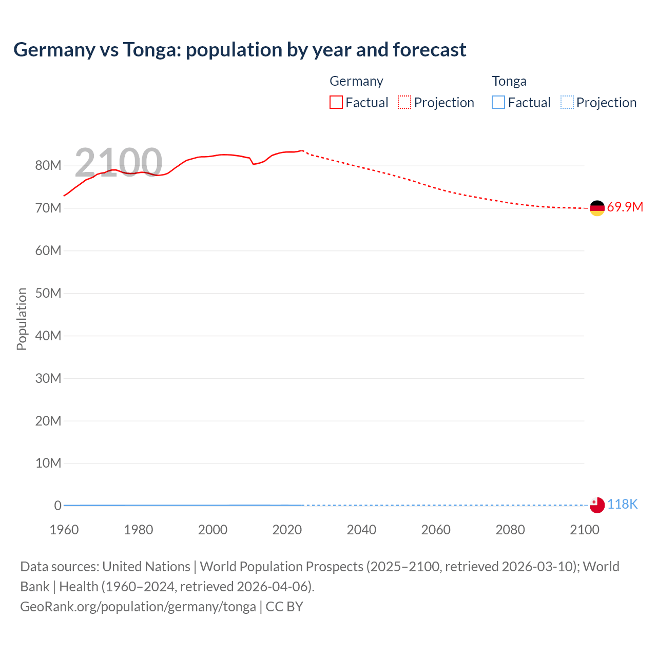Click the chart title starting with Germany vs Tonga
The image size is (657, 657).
click(240, 50)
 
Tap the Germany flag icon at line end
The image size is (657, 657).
click(597, 208)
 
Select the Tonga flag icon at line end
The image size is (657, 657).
click(597, 505)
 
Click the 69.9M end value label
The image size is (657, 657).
click(625, 207)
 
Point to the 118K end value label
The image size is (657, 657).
click(622, 505)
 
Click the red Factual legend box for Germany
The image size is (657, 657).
click(336, 103)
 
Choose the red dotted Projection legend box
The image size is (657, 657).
click(404, 103)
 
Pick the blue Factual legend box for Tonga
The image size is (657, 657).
click(498, 103)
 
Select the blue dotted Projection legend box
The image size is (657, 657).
click(567, 103)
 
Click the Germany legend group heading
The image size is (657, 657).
click(356, 81)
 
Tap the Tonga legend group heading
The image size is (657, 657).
click(509, 81)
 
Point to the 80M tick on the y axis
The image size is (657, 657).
click(48, 166)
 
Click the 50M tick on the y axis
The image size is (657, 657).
click(48, 293)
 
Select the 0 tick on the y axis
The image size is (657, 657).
click(57, 506)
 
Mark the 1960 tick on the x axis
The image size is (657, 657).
click(64, 530)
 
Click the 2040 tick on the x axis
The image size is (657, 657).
click(361, 530)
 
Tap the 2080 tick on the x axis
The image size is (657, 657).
click(510, 530)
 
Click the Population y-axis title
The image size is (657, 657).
click(22, 319)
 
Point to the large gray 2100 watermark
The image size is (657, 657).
click(119, 162)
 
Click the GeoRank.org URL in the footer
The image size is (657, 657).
click(138, 607)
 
